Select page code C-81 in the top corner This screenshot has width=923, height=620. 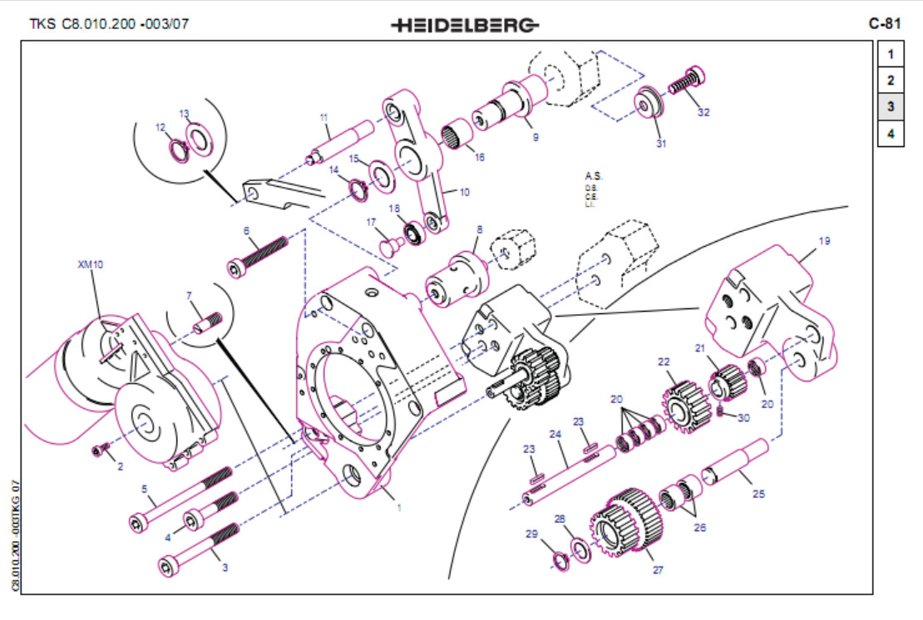[x=886, y=23]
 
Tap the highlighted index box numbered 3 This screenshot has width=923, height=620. [x=890, y=106]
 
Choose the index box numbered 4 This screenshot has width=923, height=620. [x=890, y=133]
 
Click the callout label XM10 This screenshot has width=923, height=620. [x=90, y=264]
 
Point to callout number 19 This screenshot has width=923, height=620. [x=823, y=241]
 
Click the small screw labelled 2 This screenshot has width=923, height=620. [x=101, y=450]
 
